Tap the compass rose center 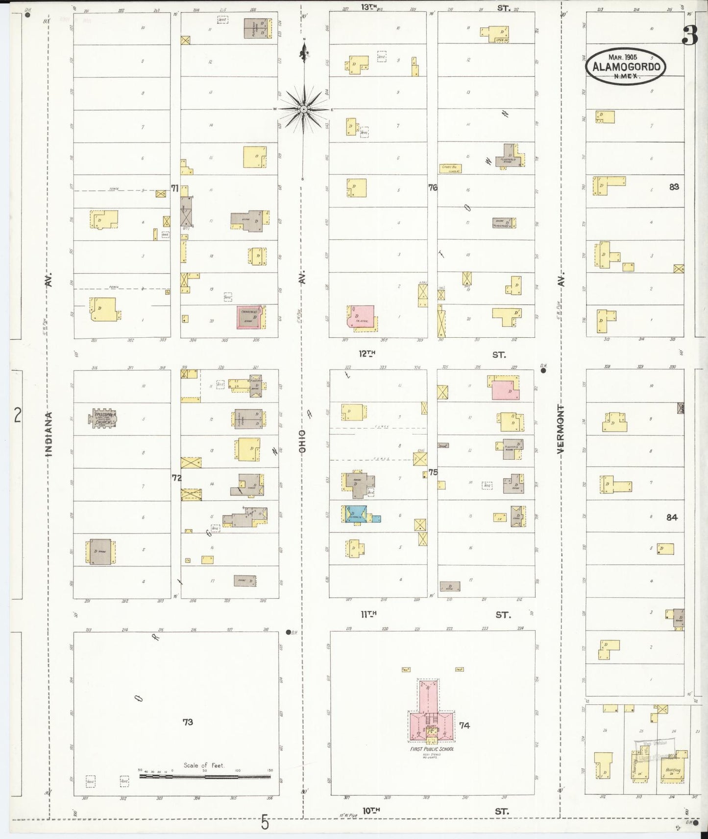coord(303,109)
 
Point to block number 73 coord(188,722)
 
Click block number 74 coord(464,725)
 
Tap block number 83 coord(674,186)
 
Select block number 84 coord(672,517)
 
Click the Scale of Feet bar coord(205,776)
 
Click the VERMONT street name coord(561,431)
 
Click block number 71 coord(174,187)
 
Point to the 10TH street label coord(372,811)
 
